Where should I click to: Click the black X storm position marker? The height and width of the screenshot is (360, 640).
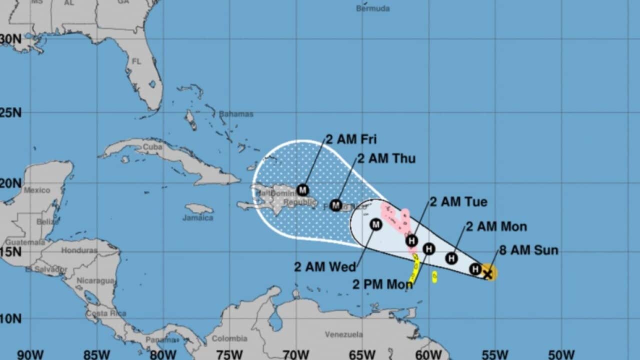point(488,273)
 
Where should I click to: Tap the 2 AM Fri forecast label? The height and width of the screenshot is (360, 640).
point(351,139)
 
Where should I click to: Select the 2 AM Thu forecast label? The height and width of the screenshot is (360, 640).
point(386,159)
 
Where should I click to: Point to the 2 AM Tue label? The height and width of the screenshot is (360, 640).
point(458,202)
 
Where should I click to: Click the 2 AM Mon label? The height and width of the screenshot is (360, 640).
point(496,226)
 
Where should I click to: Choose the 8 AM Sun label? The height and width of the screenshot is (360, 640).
point(528,250)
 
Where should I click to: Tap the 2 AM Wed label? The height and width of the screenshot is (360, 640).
point(325,266)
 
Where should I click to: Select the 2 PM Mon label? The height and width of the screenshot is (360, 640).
point(382,284)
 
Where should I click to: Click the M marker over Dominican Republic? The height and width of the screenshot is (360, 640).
point(302,190)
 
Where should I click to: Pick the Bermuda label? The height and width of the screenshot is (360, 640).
point(372,8)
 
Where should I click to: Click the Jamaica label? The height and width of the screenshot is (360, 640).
point(197,218)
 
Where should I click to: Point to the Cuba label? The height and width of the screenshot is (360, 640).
point(152,147)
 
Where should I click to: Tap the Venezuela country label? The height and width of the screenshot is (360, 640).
point(343,334)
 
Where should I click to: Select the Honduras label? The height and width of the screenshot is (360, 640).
point(79,250)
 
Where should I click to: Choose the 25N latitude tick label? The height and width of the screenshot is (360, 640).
point(11,112)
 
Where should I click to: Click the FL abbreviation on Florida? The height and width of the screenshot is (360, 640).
point(136,61)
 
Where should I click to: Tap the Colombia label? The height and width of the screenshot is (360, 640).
point(229,338)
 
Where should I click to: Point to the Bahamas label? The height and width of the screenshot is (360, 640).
point(236,114)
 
